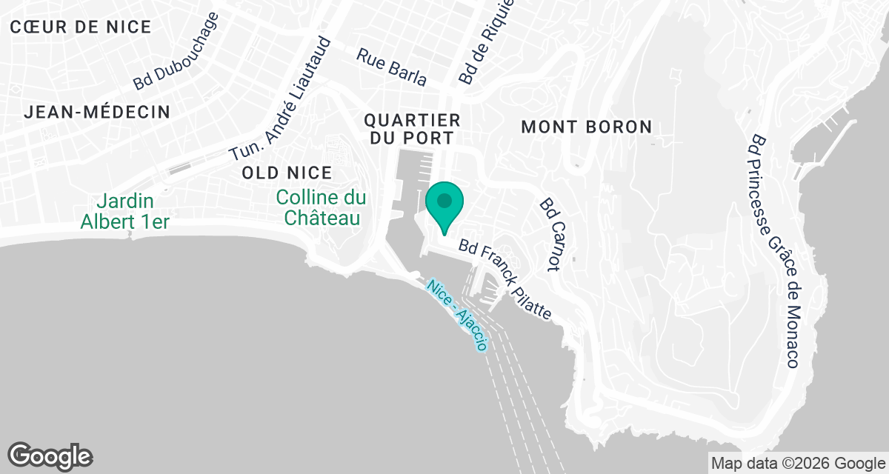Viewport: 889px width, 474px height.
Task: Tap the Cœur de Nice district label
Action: coord(81,27)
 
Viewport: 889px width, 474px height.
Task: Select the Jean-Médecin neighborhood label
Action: coord(97,113)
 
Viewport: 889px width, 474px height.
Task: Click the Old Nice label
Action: coord(287,173)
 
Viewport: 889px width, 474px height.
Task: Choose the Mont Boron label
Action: coord(587,127)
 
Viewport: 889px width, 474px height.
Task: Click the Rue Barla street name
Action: coord(391,67)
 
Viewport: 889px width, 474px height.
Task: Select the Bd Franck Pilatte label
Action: coord(505,280)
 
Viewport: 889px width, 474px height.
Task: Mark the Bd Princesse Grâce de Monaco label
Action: coord(774,252)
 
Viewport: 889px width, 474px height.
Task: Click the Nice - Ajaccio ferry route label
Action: coord(457,315)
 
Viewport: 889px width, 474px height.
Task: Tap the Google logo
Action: coord(50,455)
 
